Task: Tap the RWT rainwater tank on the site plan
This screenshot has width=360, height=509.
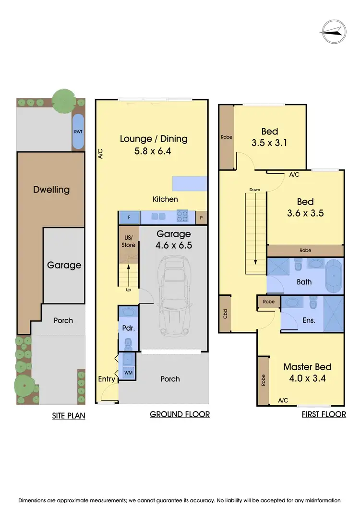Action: click(x=78, y=131)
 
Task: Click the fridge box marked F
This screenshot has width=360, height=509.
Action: click(x=129, y=217)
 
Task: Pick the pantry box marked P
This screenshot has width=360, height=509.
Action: click(x=202, y=217)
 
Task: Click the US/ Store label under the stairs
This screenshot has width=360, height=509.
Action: click(x=129, y=242)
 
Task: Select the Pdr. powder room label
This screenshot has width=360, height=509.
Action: click(x=128, y=329)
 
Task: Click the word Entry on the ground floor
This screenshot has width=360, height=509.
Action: click(x=107, y=379)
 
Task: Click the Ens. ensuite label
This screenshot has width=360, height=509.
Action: click(x=309, y=320)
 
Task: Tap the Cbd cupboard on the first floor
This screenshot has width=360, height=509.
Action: click(x=224, y=315)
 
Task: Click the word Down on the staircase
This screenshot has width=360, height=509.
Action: click(x=254, y=190)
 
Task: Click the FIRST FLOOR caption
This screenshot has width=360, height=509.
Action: click(x=324, y=414)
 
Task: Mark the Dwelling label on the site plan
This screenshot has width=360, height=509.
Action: click(x=51, y=189)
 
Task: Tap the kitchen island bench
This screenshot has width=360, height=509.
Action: click(x=190, y=183)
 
